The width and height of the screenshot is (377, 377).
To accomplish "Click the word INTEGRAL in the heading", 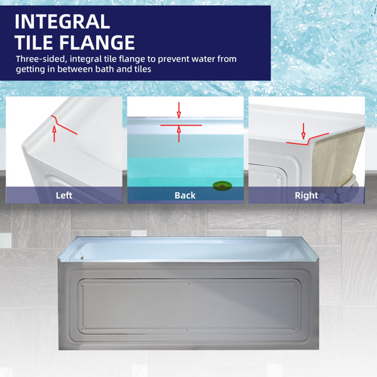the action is click(x=62, y=22).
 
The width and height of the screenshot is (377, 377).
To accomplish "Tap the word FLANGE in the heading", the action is click(x=97, y=43).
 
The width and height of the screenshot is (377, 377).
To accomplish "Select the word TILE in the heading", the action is click(x=35, y=43).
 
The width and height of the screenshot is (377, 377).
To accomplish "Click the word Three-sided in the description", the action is click(x=40, y=59).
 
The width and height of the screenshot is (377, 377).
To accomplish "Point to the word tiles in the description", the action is click(x=143, y=69).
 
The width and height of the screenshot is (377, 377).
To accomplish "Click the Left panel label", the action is click(x=64, y=195).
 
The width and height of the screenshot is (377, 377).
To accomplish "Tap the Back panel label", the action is click(x=185, y=195).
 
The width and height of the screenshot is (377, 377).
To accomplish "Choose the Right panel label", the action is click(x=307, y=195).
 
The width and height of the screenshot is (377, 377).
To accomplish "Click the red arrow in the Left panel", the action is click(x=54, y=134).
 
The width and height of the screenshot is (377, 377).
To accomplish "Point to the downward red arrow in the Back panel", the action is click(x=178, y=111).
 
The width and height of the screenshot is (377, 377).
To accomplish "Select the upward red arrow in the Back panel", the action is click(x=178, y=134).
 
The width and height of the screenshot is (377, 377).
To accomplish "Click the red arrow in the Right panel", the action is click(x=303, y=131).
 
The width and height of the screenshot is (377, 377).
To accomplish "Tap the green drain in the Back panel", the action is click(x=222, y=185).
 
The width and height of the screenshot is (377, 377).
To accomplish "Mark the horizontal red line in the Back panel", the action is click(x=181, y=125).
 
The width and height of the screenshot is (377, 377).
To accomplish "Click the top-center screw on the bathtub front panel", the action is click(x=189, y=284).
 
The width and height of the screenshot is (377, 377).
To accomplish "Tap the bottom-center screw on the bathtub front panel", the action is click(x=187, y=330).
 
